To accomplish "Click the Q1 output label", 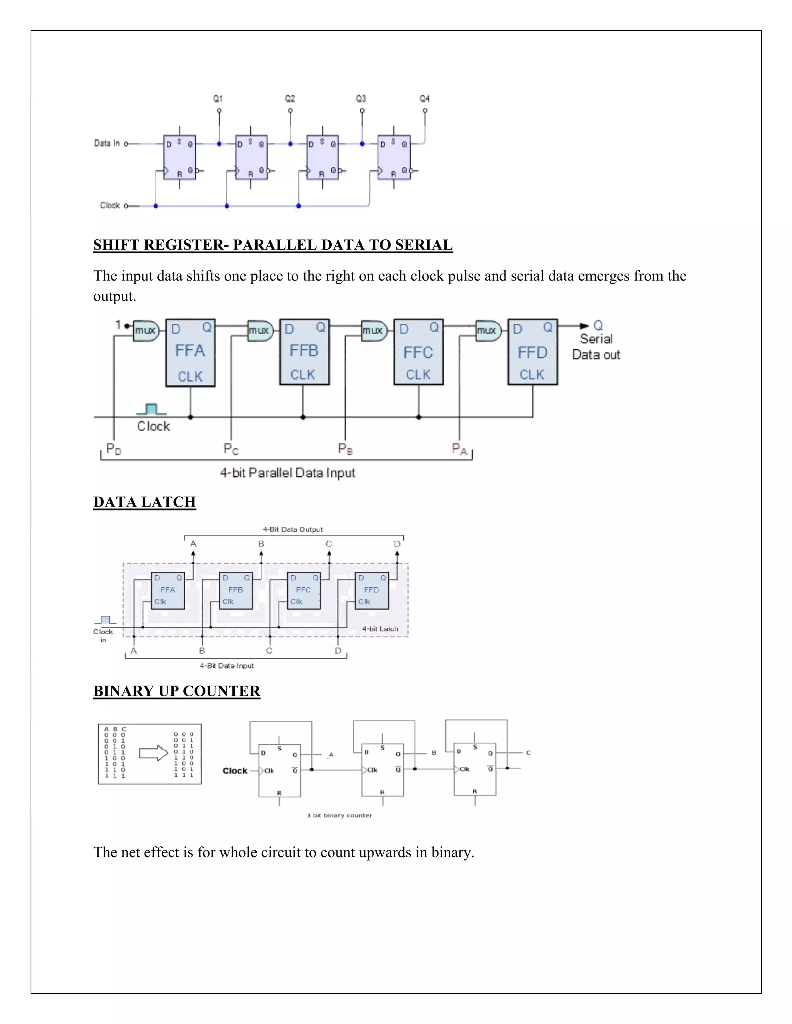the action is [x=218, y=99].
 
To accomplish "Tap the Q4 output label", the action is [x=424, y=99].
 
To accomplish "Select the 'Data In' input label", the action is [x=107, y=143].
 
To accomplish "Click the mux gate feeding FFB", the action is [x=259, y=330].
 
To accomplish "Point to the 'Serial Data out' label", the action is [x=596, y=347].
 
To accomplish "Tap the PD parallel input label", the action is [x=114, y=449].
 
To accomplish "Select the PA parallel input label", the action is [x=459, y=449].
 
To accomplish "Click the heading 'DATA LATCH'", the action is [x=145, y=502].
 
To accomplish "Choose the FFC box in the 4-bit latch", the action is [x=304, y=590].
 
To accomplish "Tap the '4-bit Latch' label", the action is [x=380, y=629].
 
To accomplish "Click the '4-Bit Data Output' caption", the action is [x=293, y=529].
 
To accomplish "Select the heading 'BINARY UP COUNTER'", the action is [x=176, y=691].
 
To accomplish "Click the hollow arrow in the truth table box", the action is [x=154, y=753].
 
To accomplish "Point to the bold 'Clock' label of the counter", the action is [x=235, y=771].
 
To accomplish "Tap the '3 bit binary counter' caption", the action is [x=339, y=815].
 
